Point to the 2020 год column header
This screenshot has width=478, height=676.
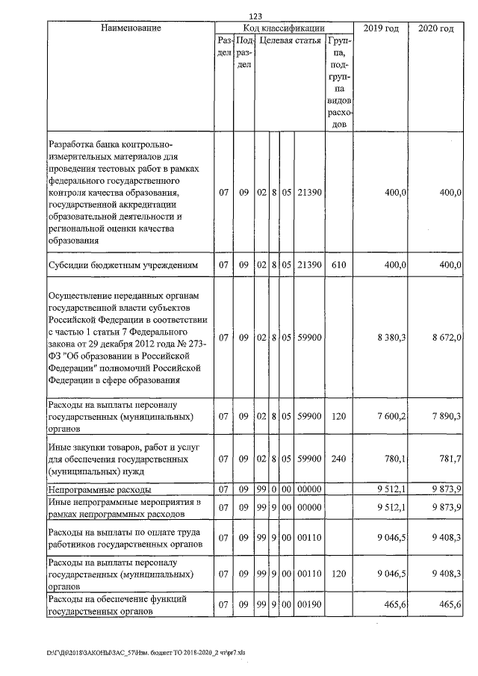click(436, 28)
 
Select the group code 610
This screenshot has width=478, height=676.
click(338, 265)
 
